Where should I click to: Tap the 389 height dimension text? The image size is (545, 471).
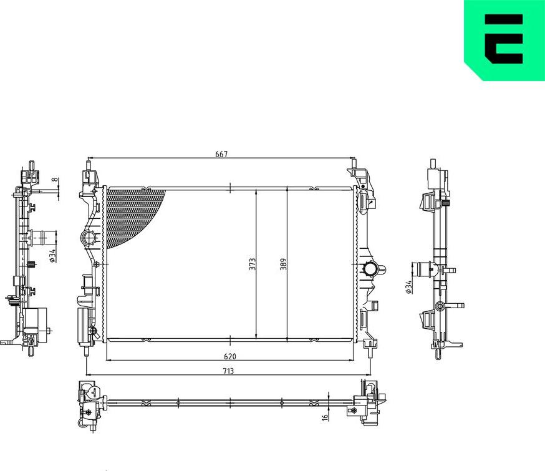[282, 263]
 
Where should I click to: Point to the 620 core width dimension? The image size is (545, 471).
[231, 357]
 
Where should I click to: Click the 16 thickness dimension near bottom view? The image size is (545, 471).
[324, 417]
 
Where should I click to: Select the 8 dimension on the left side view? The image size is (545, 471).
[54, 180]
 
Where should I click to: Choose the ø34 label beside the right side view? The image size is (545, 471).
[408, 286]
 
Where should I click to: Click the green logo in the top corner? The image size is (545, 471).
[504, 39]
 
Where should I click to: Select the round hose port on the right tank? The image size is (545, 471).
[370, 269]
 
